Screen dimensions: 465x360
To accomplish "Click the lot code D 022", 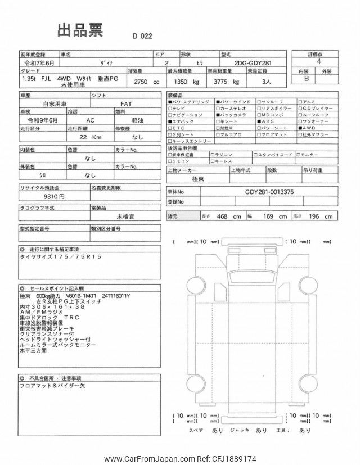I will tap(143, 36).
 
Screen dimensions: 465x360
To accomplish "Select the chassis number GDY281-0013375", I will tap(269, 192).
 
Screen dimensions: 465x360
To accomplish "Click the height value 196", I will tap(318, 216).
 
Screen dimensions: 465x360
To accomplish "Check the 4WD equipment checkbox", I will tap(298, 128).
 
